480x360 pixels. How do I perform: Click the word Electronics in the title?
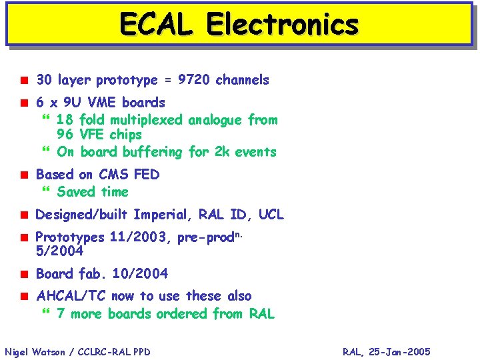282,24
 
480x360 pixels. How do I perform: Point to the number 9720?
194,80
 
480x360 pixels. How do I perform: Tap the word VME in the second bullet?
101,103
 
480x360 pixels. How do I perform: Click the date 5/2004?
59,252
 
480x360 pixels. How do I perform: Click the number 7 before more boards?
61,314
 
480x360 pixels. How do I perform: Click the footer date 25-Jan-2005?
403,352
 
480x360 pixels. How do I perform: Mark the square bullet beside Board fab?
23,274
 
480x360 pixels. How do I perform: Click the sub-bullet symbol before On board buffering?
45,152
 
